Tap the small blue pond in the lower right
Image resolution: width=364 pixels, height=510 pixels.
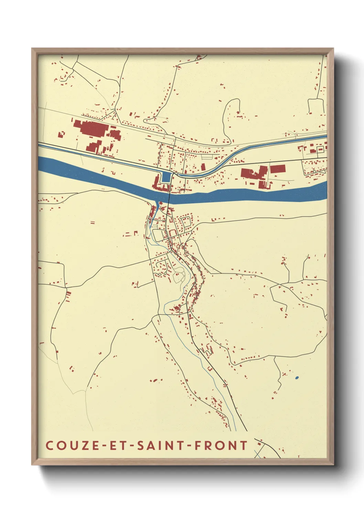(x=297, y=378)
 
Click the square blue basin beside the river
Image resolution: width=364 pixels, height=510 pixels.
(x=166, y=177)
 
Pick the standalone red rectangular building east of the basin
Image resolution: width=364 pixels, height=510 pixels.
(x=278, y=169)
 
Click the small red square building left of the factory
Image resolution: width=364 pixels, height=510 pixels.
(x=62, y=134)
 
